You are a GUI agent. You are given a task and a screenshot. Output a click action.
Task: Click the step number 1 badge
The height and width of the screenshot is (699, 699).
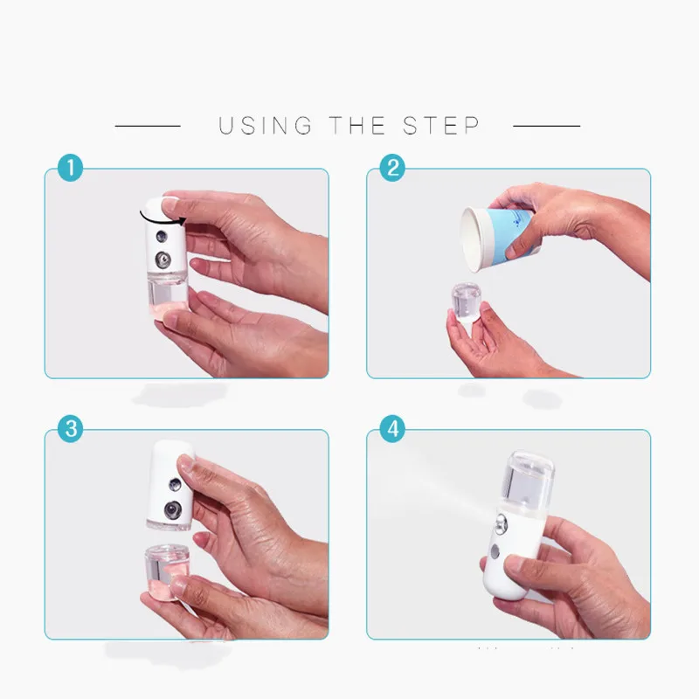71,168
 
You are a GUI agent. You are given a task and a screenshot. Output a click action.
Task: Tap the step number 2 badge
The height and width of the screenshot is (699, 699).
392,168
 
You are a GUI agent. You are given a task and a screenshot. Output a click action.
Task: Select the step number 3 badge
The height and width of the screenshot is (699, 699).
71,429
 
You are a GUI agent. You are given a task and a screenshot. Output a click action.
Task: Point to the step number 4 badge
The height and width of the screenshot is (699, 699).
392,429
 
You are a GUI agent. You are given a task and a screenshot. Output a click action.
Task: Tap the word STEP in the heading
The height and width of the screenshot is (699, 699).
441,125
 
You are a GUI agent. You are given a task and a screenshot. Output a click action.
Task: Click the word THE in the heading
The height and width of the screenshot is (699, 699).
357,125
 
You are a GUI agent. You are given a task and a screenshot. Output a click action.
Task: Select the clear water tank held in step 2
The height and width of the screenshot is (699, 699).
466,301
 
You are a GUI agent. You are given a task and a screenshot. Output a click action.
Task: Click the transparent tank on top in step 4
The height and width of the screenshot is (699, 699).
529,476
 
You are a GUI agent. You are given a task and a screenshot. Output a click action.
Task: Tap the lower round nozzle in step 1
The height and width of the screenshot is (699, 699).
163,259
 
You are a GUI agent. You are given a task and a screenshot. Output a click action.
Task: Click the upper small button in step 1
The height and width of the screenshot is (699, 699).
161,236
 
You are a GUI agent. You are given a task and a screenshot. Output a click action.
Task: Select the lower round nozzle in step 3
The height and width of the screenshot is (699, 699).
172,510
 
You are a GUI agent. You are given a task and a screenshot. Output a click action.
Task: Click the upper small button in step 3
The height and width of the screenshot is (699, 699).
174,485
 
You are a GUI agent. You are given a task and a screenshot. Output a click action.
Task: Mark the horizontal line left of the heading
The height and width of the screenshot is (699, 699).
148,126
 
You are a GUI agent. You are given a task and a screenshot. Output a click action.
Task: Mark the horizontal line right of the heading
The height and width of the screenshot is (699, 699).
547,126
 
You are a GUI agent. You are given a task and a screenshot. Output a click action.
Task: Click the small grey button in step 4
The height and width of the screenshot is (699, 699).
495,552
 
